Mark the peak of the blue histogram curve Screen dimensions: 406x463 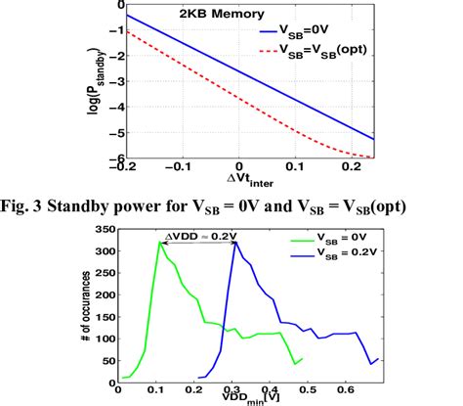click(234, 243)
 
